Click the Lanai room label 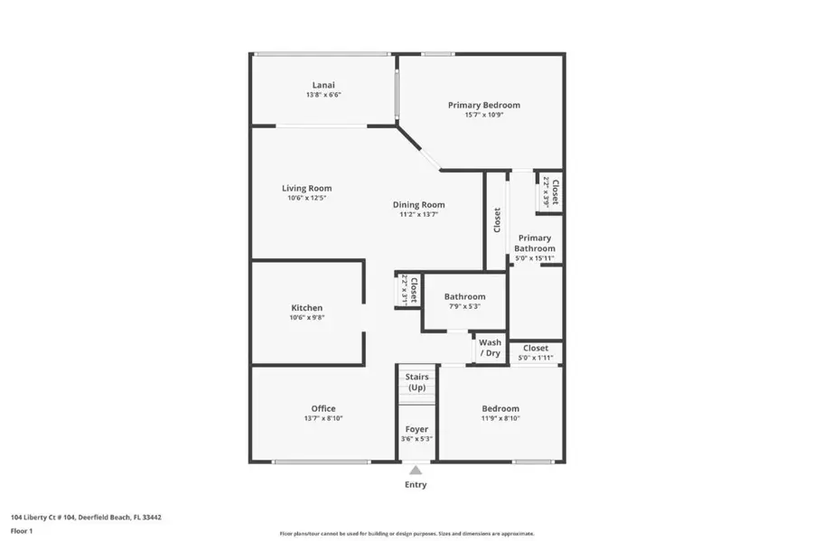(322, 85)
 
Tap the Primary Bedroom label (483, 105)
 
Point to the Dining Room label (418, 204)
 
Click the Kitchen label (306, 308)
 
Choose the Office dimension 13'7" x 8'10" (322, 418)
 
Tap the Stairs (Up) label (416, 382)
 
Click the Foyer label (416, 429)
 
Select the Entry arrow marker (416, 470)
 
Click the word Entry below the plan (416, 485)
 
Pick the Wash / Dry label (491, 348)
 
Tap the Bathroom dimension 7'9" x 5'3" (464, 306)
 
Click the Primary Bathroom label (534, 243)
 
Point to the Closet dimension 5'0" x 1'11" (535, 358)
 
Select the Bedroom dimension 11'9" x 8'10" (500, 418)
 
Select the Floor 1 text (23, 531)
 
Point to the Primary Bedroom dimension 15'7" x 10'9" (483, 115)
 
